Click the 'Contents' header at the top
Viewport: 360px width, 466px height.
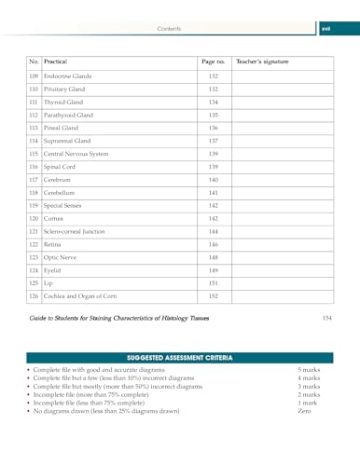pyautogui.click(x=169, y=29)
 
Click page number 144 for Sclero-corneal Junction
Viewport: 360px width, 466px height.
pyautogui.click(x=213, y=231)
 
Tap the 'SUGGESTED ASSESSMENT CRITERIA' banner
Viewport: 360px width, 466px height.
pyautogui.click(x=180, y=357)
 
